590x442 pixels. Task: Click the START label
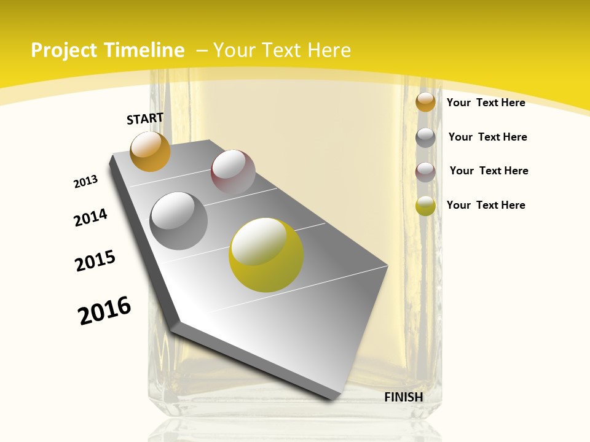point(145,118)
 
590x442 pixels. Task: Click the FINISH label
point(404,397)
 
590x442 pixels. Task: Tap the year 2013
point(85,182)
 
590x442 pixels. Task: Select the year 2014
point(90,218)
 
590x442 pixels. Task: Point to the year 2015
point(95,261)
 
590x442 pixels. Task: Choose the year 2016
point(104,311)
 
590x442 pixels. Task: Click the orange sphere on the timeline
point(151,152)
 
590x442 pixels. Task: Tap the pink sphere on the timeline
point(233,172)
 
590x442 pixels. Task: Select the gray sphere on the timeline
point(178,221)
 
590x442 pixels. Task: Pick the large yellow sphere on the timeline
point(266,255)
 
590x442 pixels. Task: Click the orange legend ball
point(425,102)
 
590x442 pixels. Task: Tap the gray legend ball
point(425,138)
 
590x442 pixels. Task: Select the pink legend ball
point(425,172)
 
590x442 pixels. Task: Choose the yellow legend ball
point(425,206)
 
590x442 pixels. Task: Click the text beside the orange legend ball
point(486,103)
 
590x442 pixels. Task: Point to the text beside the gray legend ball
point(487,137)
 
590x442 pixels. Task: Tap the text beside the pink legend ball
point(489,171)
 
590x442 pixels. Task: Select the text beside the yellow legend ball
point(486,205)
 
